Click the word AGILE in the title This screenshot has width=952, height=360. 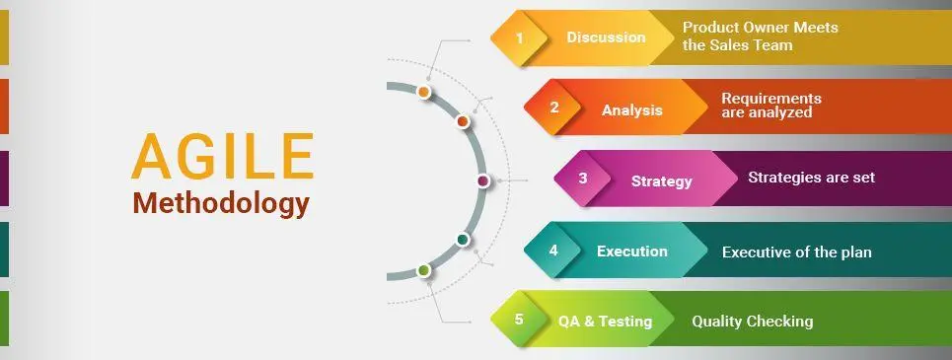[222, 157]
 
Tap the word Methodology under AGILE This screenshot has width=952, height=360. [221, 203]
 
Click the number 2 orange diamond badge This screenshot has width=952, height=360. [554, 108]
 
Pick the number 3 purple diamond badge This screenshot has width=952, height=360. [583, 180]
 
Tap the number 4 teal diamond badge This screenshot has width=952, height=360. [553, 251]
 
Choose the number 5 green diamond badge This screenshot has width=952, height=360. [519, 321]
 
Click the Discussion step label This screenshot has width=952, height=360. [606, 37]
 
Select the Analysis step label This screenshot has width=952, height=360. [632, 109]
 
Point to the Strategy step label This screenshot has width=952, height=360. [661, 180]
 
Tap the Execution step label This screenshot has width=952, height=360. [631, 252]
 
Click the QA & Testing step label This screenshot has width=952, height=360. [605, 322]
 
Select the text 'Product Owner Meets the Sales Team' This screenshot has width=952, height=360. [760, 36]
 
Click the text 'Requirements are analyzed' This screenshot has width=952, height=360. [771, 106]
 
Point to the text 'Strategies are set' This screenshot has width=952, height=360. [811, 179]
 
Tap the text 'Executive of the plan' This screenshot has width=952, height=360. [796, 252]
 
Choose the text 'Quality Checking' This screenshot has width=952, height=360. [752, 322]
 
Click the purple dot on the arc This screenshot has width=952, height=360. [482, 180]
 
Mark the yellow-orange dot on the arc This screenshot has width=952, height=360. [423, 92]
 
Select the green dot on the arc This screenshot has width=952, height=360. [423, 269]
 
